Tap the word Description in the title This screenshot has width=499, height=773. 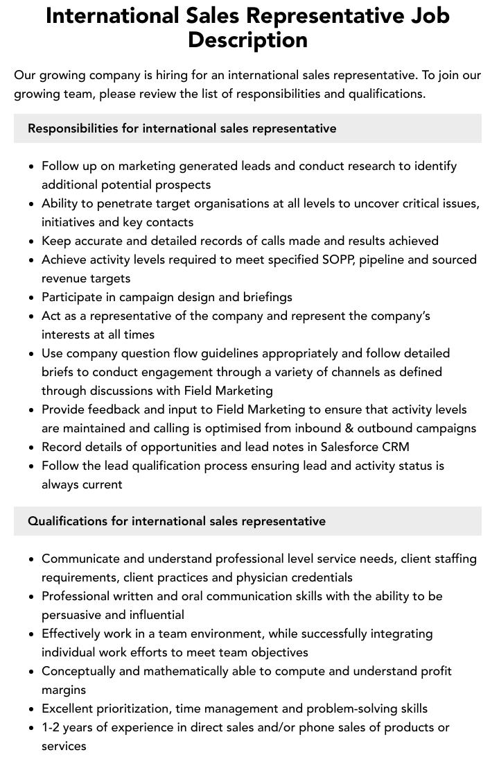pyautogui.click(x=247, y=40)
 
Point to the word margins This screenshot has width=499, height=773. pyautogui.click(x=64, y=690)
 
